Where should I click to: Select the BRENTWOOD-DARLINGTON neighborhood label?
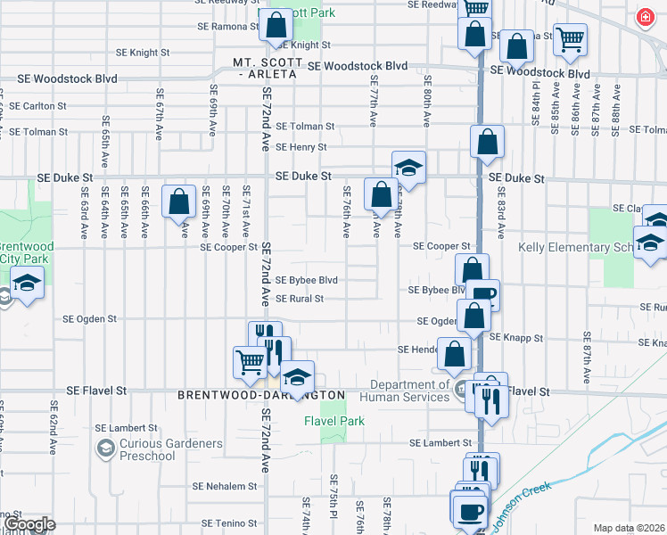click(260, 394)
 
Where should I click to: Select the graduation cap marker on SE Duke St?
click(408, 167)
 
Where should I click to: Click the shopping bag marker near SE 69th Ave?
click(179, 202)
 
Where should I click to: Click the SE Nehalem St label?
click(226, 487)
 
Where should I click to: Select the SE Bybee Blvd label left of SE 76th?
click(306, 280)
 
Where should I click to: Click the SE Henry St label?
click(301, 147)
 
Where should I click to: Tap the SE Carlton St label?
click(37, 106)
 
